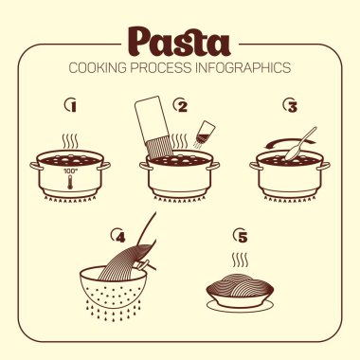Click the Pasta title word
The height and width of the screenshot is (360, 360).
coord(179,42)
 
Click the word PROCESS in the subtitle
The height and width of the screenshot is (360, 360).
coord(161,68)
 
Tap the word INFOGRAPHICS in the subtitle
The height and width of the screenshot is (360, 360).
coord(243,68)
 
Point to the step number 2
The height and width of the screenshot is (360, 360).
coord(182,106)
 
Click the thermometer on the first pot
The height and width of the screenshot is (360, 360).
coord(69,182)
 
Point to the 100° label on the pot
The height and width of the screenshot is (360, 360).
coord(69,171)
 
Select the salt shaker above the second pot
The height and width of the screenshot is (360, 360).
coord(204,134)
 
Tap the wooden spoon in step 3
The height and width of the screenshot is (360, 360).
coord(301,144)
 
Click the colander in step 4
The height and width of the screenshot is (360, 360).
coord(113,287)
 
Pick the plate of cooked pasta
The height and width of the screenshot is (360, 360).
coord(240,292)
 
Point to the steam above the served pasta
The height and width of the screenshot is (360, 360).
coord(240,260)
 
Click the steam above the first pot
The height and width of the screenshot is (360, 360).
coord(70,142)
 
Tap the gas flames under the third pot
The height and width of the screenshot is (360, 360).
coord(290,199)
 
